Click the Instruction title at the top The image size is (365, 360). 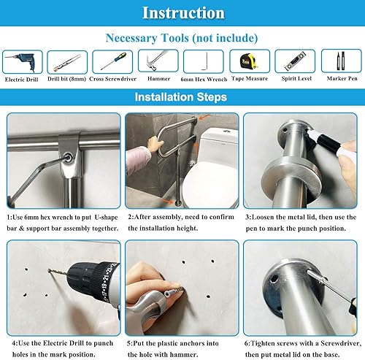pos(182,12)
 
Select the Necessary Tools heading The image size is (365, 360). pos(182,37)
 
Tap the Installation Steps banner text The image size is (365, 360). pos(182,97)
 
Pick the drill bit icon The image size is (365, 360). pos(67,61)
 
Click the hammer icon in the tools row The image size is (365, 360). pos(158,61)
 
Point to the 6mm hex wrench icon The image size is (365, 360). pos(204,61)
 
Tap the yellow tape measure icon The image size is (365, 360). pos(249,61)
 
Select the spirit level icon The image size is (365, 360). pos(294,61)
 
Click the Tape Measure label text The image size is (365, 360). pos(250,78)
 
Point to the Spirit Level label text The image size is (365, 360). pos(295,78)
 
